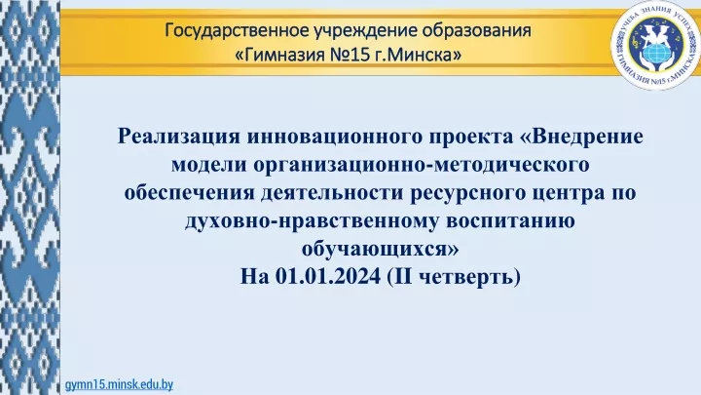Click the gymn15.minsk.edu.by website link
[119, 384]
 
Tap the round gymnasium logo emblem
[656, 45]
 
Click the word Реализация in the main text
[179, 137]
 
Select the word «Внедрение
[581, 137]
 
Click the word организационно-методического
[422, 165]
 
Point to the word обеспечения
[190, 193]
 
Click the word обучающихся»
[380, 249]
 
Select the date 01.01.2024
[328, 276]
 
